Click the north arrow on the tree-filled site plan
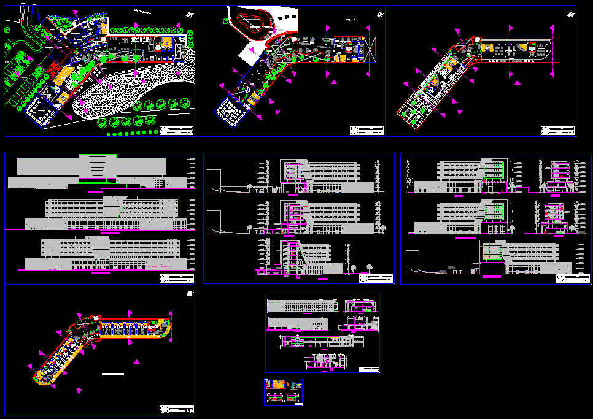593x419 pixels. coord(190,15)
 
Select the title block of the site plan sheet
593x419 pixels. coord(177,131)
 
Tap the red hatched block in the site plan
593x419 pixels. coord(53,66)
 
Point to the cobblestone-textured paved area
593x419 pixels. coord(123,92)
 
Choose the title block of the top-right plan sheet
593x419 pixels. coord(557,131)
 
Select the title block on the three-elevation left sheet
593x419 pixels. coord(177,279)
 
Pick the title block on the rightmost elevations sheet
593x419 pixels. coord(572,279)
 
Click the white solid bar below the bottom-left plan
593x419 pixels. coord(113,374)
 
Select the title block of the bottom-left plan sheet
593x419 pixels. coord(177,409)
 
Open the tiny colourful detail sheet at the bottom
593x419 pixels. coord(284,392)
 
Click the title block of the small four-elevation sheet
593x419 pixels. coord(368,369)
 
